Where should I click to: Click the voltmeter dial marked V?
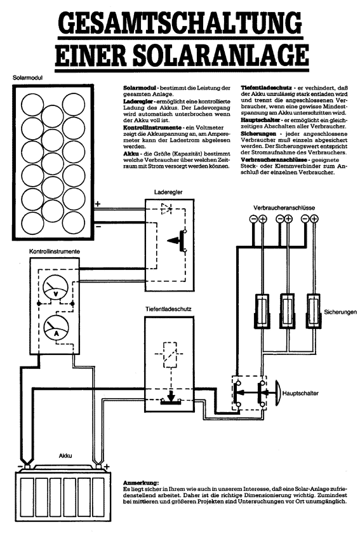point(56,289)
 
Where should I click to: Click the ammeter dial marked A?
point(57,328)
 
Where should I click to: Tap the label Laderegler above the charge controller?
point(168,192)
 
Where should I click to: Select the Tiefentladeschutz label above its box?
point(168,309)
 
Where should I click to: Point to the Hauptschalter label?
point(300,394)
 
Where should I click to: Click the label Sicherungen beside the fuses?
point(340,312)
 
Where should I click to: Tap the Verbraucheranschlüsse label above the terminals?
point(284,208)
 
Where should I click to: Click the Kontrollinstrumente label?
point(55,251)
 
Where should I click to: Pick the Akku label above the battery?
point(65,456)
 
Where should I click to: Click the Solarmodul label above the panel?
point(27,77)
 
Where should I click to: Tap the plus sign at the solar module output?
point(98,204)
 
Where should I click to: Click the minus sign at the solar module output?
point(98,226)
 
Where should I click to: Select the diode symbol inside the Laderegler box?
point(166,209)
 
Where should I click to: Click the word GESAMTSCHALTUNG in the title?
point(180,22)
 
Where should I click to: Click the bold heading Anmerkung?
point(141,483)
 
